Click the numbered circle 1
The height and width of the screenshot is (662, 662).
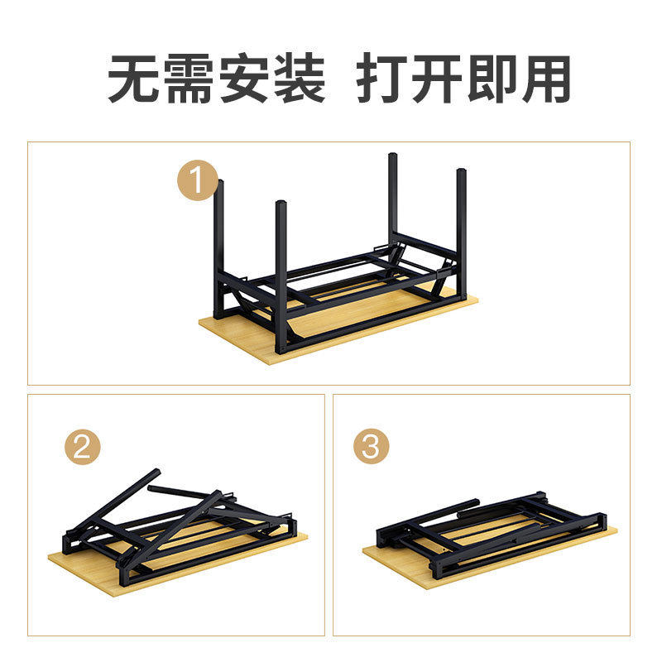(x=199, y=182)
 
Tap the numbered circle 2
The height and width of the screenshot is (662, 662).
(x=83, y=448)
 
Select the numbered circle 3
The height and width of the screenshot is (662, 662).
(x=371, y=448)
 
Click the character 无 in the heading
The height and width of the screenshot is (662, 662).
(x=134, y=80)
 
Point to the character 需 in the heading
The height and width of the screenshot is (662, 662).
(x=190, y=80)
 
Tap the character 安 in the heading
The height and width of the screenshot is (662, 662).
(x=246, y=80)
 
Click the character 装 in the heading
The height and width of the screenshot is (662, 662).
(x=300, y=80)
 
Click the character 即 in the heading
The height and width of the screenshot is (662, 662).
(x=494, y=80)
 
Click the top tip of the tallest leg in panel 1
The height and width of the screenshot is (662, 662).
(x=393, y=156)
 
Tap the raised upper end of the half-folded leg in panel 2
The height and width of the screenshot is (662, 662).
(x=154, y=473)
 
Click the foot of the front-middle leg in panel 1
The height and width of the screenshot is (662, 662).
(x=281, y=348)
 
